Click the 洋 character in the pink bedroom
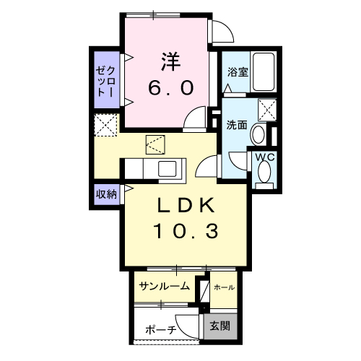[x=171, y=61]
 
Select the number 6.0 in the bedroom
[x=171, y=87]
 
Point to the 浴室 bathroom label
[x=238, y=71]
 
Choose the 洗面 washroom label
[x=237, y=124]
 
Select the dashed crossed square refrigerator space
[x=106, y=126]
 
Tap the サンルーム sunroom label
[x=165, y=287]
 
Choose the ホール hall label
[x=224, y=287]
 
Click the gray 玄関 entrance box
[x=220, y=326]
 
